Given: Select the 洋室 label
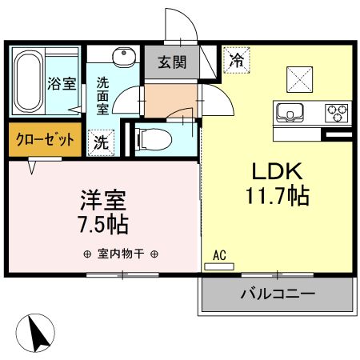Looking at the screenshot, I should [x=102, y=197].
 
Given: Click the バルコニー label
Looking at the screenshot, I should [x=278, y=293].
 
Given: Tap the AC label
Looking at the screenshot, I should [x=219, y=255].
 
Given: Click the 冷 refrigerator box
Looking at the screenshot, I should [x=237, y=58].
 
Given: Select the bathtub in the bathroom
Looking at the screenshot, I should [x=29, y=82].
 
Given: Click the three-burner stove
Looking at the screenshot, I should [x=334, y=111].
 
